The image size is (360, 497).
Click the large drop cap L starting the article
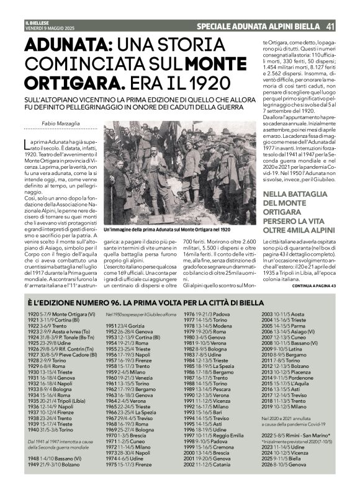click(x=30, y=145)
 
